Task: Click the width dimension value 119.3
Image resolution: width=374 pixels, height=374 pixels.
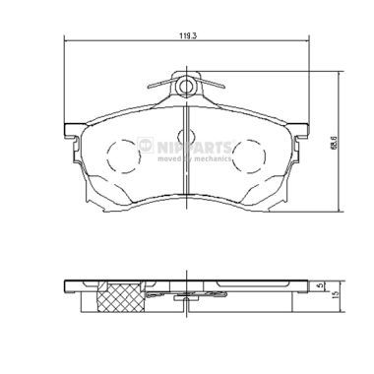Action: [x=185, y=35]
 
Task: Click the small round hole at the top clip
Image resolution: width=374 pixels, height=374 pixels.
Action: [x=185, y=87]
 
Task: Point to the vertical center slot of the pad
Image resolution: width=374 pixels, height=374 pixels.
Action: [x=186, y=157]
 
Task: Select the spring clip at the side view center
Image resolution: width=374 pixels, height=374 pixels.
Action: [x=185, y=290]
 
